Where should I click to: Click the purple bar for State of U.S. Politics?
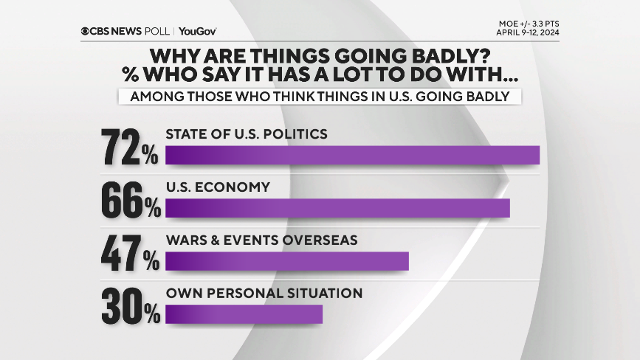pyautogui.click(x=352, y=155)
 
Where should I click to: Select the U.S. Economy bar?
pyautogui.click(x=337, y=208)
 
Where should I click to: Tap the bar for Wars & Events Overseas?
pyautogui.click(x=286, y=261)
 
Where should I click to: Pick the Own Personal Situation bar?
pyautogui.click(x=244, y=314)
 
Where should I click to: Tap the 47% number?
pyautogui.click(x=130, y=254)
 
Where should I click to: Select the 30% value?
pyautogui.click(x=130, y=307)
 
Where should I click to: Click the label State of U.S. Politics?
pyautogui.click(x=246, y=134)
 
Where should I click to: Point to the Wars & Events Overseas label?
pyautogui.click(x=261, y=240)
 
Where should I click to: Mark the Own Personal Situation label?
pyautogui.click(x=264, y=294)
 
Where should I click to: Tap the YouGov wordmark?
pyautogui.click(x=197, y=31)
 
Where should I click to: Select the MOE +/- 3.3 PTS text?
pyautogui.click(x=529, y=24)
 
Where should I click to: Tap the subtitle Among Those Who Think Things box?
pyautogui.click(x=320, y=97)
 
